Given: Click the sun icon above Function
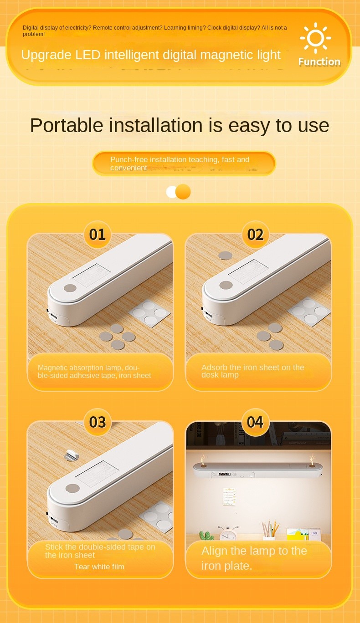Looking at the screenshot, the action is [x=315, y=38].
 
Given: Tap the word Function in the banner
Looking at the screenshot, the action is [x=319, y=61].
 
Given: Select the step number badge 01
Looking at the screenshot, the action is [x=98, y=234].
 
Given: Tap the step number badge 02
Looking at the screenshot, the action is [x=255, y=234].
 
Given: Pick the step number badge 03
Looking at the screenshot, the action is [x=98, y=422].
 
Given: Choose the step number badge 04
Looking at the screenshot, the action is [x=255, y=422].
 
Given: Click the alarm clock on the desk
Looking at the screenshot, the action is [x=228, y=533].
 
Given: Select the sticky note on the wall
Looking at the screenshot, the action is [x=229, y=496].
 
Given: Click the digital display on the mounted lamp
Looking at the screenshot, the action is [x=225, y=474].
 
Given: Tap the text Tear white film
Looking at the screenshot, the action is [x=99, y=567].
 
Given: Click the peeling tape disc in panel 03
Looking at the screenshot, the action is [x=71, y=455].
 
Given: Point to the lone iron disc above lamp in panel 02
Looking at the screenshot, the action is [x=226, y=255].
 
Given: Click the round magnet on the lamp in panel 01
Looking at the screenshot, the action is [x=70, y=288].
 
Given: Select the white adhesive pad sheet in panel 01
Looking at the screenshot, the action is [x=149, y=313].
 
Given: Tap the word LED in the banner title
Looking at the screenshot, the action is [x=87, y=55].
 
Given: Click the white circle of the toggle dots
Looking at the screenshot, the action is [x=172, y=192].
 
